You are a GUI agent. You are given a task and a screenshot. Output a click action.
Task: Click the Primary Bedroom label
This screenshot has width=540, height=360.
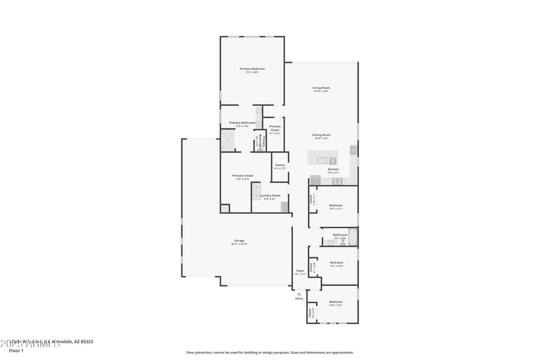(252, 69)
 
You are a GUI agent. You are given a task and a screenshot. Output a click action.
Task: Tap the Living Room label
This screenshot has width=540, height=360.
(321, 88)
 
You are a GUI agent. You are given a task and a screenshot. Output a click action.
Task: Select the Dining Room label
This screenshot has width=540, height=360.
(321, 135)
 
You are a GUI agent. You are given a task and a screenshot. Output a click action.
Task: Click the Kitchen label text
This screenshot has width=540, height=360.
(333, 170)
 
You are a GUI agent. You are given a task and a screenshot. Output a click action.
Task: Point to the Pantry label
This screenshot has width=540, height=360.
(279, 165)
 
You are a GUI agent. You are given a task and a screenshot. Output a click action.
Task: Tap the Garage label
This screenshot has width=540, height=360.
(239, 240)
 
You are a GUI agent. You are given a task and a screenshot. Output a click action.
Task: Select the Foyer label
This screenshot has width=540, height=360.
(300, 271)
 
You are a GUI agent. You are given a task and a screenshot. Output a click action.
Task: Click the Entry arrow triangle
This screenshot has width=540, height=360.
(298, 294)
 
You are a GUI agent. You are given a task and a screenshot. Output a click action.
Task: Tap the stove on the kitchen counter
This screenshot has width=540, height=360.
(336, 180)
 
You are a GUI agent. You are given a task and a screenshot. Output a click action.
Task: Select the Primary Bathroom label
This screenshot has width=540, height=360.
(242, 123)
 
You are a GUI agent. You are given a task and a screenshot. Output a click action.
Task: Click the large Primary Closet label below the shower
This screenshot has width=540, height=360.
(242, 176)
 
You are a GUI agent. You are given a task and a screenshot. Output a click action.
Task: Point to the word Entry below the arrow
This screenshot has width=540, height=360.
(298, 299)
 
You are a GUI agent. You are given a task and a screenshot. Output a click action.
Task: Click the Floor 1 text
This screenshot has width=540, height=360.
(16, 351)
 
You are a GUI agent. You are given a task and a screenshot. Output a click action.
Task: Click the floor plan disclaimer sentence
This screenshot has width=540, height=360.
(269, 352)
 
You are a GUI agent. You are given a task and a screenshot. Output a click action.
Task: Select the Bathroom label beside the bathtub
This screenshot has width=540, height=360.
(340, 235)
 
